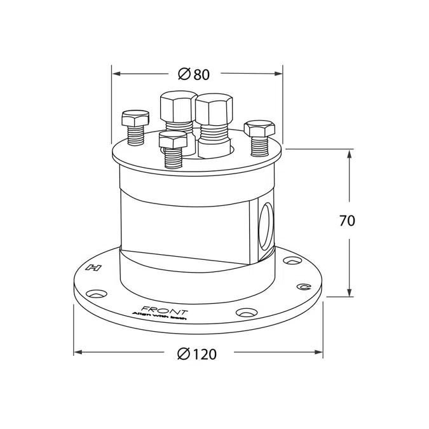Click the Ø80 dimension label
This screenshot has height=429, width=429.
coord(194,74)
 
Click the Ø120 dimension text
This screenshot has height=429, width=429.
coord(197,354)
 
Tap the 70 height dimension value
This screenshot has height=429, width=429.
coord(347,221)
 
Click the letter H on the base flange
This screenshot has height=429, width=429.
coord(96,268)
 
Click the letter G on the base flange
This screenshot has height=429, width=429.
coord(305,287)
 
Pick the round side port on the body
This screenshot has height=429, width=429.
coord(266,226)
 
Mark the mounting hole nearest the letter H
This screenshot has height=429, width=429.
coord(97,294)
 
